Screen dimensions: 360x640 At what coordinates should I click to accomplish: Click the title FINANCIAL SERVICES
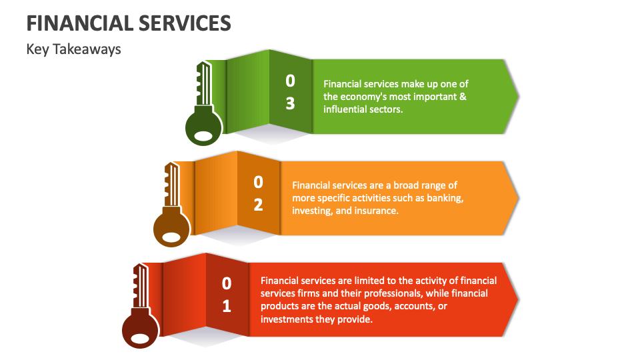[129, 24]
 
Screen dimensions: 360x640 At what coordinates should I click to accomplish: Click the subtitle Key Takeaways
[73, 49]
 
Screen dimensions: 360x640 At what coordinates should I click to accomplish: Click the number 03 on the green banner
[290, 93]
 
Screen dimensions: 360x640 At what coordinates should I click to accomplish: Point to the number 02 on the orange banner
[258, 193]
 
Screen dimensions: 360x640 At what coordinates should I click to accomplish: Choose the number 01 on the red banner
[227, 295]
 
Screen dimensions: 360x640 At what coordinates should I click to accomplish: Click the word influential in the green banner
[345, 109]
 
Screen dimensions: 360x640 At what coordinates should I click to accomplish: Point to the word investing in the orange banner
[311, 211]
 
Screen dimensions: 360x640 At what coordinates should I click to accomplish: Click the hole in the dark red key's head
[140, 338]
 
